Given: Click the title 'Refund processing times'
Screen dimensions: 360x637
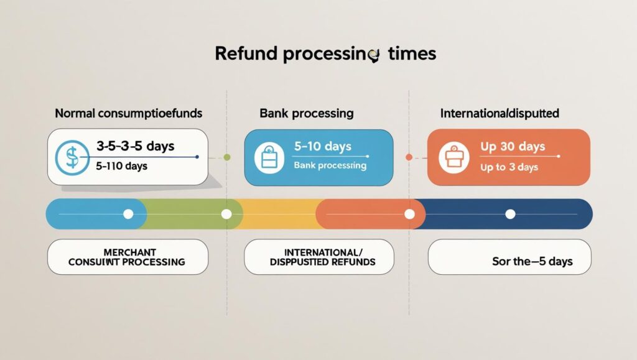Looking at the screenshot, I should (x=325, y=54).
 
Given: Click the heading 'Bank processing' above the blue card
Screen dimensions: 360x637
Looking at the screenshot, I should (x=306, y=114).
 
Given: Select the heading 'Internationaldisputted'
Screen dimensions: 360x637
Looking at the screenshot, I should (x=500, y=114).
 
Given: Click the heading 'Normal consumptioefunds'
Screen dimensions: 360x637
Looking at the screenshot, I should (x=128, y=114).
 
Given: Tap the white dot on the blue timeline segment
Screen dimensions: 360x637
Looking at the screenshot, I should (x=128, y=214).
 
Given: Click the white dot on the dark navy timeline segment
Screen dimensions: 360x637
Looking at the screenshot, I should (x=510, y=214).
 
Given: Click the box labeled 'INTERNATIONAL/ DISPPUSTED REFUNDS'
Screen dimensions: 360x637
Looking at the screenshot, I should (x=318, y=257).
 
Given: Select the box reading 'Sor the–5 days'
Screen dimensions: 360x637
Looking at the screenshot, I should (x=509, y=257).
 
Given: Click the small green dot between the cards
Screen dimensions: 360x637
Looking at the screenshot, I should (x=226, y=157).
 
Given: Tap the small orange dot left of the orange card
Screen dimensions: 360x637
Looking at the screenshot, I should (x=409, y=157).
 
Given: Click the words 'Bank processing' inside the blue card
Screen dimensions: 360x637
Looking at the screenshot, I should (x=330, y=166).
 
